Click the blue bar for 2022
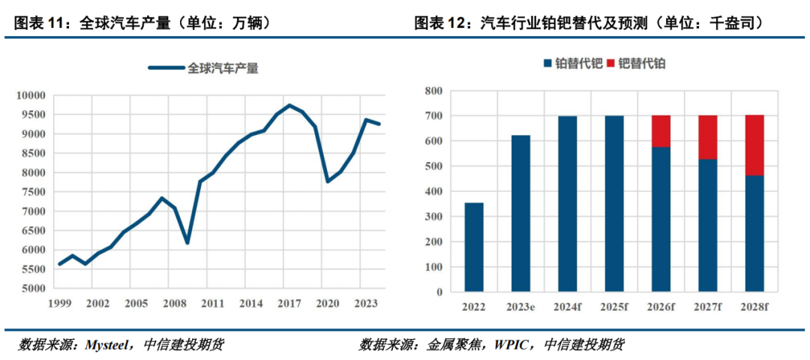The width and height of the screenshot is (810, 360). [474, 247]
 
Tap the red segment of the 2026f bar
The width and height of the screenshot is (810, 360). [661, 131]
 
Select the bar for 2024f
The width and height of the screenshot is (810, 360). [567, 204]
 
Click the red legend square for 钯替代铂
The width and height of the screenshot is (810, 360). [610, 64]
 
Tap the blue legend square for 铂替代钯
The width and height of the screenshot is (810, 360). [547, 64]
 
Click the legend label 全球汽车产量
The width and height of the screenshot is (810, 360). [223, 68]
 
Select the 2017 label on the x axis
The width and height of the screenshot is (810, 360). [289, 304]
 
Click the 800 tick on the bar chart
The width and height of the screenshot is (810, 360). [434, 91]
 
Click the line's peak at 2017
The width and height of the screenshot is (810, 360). [289, 105]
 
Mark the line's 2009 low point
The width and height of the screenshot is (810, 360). [187, 243]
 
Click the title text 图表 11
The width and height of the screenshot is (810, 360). [37, 23]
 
